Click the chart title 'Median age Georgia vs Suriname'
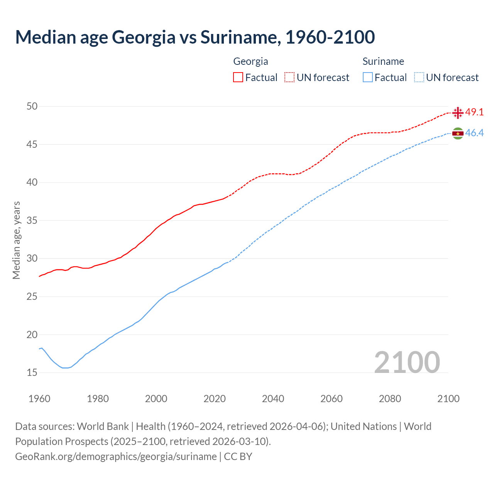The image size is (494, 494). [x=195, y=37]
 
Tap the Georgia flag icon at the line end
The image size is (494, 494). [x=458, y=113]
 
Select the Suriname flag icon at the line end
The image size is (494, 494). [x=458, y=134]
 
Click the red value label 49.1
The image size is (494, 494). [x=474, y=112]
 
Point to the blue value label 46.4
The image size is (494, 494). [x=474, y=133]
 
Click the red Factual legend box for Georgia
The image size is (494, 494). [x=238, y=78]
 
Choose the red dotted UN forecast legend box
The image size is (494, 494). [x=289, y=78]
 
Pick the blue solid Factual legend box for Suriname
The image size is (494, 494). [x=368, y=78]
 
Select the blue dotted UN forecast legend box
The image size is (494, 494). [x=419, y=78]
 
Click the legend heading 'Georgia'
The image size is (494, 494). [x=250, y=61]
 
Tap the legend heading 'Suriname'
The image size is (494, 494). [x=383, y=61]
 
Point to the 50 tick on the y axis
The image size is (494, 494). [x=32, y=106]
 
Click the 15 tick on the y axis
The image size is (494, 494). [x=32, y=373]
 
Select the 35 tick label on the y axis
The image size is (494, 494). [x=32, y=221]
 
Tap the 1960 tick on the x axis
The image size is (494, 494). [x=39, y=399]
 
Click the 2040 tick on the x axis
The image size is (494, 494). [x=273, y=399]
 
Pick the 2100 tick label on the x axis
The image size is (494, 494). [x=448, y=399]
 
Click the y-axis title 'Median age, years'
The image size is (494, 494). [x=16, y=240]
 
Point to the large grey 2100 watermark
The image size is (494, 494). [x=407, y=362]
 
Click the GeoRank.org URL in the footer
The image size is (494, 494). [x=116, y=457]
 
